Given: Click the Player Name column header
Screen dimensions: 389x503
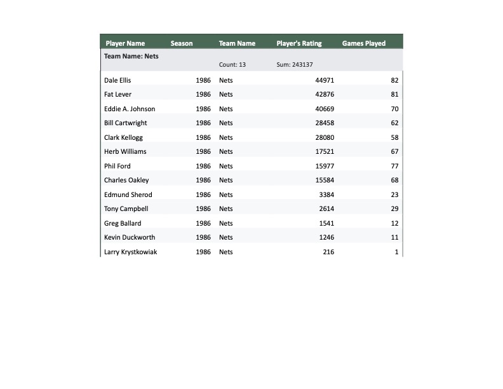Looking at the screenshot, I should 125,44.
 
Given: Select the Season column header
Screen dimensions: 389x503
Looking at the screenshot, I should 182,44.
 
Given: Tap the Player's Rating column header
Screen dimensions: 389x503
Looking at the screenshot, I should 299,44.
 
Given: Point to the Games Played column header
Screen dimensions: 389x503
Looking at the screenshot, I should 364,44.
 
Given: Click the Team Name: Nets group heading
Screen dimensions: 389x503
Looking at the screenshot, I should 131,56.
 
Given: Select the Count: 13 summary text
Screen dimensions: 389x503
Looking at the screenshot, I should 232,65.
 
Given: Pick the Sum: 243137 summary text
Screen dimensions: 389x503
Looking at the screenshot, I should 295,65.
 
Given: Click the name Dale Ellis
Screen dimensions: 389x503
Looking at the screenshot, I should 117,80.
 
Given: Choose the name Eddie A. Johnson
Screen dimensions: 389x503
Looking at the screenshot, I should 130,109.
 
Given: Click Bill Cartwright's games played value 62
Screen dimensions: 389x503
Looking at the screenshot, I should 394,123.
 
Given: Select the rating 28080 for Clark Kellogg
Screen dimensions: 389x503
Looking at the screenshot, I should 325,137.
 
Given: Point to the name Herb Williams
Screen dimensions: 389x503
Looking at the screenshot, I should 125,152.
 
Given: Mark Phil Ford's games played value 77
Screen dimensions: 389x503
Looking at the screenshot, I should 394,166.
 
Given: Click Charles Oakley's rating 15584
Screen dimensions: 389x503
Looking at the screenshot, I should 325,181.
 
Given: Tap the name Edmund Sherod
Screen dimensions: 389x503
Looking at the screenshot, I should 128,194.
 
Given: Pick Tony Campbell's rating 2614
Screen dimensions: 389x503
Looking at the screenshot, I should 326,209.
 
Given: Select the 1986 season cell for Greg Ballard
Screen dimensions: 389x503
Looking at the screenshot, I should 203,223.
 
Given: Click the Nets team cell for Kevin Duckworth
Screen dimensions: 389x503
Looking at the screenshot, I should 226,238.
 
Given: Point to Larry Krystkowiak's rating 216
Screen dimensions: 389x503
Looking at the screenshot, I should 328,252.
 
